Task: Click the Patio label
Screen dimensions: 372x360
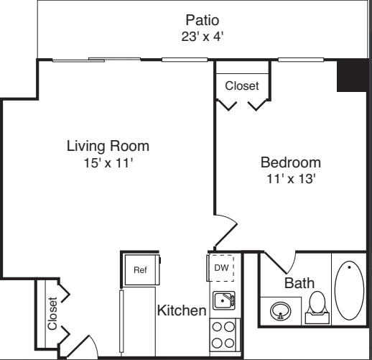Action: coord(203,20)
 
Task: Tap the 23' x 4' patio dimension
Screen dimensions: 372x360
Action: coord(203,37)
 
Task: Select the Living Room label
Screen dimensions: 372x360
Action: coord(108,146)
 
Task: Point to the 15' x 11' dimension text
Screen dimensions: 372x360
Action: coord(108,163)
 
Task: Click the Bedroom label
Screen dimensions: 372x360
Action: coord(291,162)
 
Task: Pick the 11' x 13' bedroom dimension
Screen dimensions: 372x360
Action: coord(291,179)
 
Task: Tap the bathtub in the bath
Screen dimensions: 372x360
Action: coord(349,290)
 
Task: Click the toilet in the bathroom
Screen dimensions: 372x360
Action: coord(317,308)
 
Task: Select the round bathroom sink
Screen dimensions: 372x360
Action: coord(281,311)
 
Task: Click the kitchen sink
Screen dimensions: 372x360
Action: coord(224,300)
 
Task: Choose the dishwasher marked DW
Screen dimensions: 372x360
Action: coord(220,268)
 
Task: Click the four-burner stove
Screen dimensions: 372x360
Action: coord(225,335)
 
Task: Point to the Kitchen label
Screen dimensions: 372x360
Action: coord(182,310)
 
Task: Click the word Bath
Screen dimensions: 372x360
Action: coord(299,283)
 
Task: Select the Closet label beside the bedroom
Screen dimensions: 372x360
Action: coord(242,86)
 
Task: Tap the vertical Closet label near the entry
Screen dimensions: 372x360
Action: coord(52,313)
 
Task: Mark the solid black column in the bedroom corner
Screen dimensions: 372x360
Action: coord(352,75)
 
